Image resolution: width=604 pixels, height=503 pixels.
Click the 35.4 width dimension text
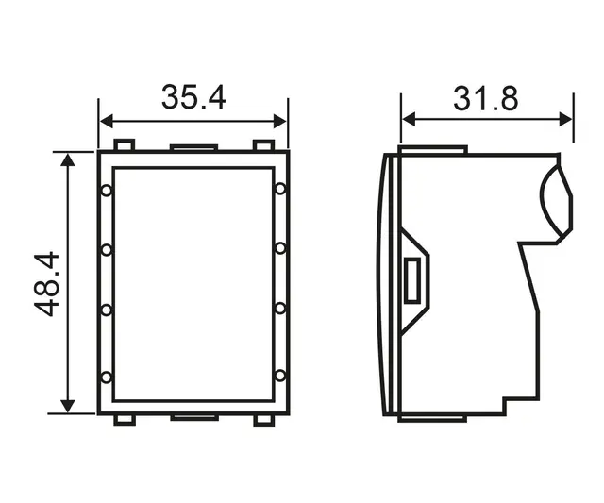pyautogui.click(x=193, y=97)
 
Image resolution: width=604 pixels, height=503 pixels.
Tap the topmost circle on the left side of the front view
pyautogui.click(x=107, y=191)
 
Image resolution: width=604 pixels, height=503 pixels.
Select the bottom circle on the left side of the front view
pyautogui.click(x=107, y=377)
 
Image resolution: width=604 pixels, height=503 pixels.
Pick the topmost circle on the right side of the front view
pyautogui.click(x=280, y=191)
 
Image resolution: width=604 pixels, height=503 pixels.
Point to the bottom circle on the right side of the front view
pyautogui.click(x=280, y=377)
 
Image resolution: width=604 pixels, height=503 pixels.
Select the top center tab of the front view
pyautogui.click(x=194, y=147)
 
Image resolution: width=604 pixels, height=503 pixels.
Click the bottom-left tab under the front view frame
pyautogui.click(x=124, y=420)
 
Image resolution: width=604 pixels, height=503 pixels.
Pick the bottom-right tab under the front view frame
pyautogui.click(x=264, y=420)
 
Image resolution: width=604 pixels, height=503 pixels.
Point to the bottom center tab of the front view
pyautogui.click(x=194, y=417)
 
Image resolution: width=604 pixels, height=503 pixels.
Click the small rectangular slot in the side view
pyautogui.click(x=411, y=281)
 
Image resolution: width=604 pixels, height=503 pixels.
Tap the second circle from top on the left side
pyautogui.click(x=107, y=250)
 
